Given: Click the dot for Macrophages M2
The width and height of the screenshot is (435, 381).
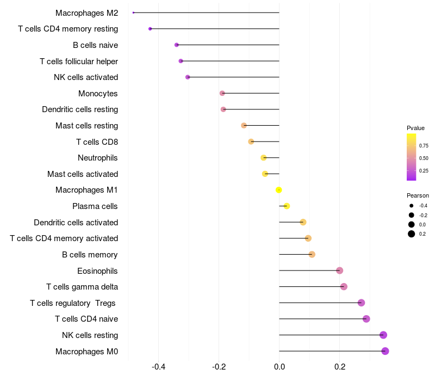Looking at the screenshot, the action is [133, 13].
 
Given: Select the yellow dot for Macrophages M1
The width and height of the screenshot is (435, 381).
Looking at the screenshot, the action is [279, 190].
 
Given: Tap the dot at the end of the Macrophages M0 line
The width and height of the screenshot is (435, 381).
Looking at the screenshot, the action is [385, 351].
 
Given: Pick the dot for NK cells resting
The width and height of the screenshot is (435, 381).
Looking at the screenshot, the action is [383, 335].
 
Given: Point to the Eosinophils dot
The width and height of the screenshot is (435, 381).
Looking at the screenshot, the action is [339, 271].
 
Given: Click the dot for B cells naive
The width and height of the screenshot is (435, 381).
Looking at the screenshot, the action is [177, 45].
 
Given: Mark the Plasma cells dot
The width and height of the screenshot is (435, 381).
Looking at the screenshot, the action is [287, 206].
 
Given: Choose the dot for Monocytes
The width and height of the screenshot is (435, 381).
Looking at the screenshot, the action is [222, 93].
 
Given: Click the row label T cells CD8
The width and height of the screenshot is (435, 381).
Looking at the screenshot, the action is [97, 142].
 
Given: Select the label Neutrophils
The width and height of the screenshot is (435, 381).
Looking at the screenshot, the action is [98, 158].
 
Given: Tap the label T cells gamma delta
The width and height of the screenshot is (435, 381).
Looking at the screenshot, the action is [82, 287].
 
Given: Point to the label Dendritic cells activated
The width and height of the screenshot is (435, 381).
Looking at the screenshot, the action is [76, 223].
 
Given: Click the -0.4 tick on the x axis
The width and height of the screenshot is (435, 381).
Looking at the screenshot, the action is [159, 367].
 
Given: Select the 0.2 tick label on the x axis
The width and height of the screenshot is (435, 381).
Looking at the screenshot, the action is [340, 367].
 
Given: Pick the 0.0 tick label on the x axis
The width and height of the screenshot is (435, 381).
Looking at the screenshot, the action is [279, 367].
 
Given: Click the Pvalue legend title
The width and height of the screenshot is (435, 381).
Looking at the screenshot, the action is [415, 128].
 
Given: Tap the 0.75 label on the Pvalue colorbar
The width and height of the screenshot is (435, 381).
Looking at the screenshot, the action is [424, 146].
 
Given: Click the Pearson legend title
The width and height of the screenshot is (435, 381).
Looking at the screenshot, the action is [418, 195].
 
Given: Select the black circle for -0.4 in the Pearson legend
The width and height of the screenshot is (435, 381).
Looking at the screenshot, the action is [411, 206].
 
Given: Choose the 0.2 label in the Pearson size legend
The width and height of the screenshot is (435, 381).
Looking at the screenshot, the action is [422, 234].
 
